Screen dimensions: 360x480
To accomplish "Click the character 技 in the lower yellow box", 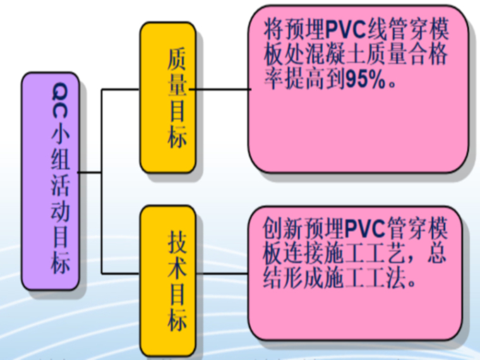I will pos(177,243).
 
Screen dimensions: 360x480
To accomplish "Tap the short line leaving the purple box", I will pos(89,172).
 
